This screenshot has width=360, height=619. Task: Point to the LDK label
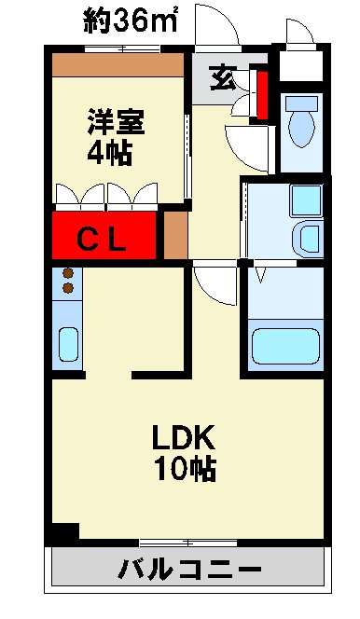coord(185,438)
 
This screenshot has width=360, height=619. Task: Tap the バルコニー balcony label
coord(189,569)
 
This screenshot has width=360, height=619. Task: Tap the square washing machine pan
coord(304,198)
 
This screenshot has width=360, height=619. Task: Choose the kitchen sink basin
coord(68,345)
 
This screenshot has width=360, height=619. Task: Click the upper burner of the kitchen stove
coord(68,274)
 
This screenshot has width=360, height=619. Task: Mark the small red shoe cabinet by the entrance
coord(262,95)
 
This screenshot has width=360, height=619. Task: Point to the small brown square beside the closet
coord(174,235)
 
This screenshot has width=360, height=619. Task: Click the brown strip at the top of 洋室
coord(118,64)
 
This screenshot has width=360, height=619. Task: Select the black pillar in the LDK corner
coord(63,533)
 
